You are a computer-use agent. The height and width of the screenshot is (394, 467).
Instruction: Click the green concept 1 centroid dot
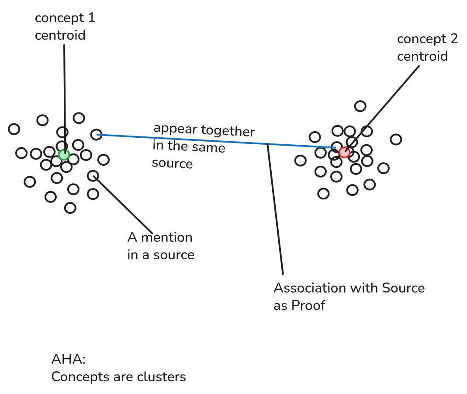point(64,154)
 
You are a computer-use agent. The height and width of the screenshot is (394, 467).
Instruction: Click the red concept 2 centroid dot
point(345,152)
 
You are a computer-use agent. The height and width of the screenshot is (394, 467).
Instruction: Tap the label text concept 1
point(65,18)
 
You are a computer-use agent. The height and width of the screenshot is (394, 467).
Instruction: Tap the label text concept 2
point(427,39)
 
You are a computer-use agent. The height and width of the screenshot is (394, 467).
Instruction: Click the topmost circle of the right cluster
point(360,106)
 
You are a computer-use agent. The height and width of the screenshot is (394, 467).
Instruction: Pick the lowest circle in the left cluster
point(70,208)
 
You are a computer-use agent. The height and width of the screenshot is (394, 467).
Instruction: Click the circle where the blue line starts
point(96,134)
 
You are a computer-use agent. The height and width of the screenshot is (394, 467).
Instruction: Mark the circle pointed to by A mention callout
point(93,176)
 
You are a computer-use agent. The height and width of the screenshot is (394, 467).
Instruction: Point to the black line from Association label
point(275,210)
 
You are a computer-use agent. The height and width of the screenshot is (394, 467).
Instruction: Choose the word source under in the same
point(172,164)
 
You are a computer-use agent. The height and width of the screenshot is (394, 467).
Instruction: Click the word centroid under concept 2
point(422,56)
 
